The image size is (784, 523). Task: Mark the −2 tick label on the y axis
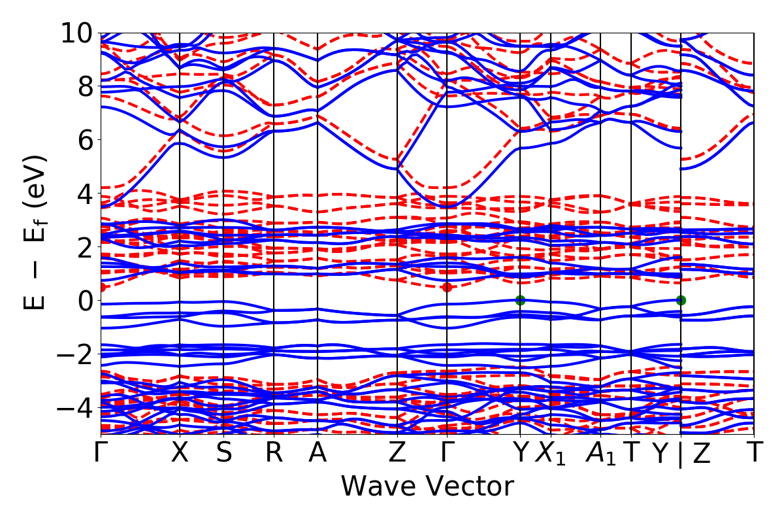pyautogui.click(x=74, y=354)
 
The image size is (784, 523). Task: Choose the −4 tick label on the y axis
pyautogui.click(x=74, y=408)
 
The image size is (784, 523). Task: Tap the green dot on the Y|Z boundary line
pyautogui.click(x=681, y=300)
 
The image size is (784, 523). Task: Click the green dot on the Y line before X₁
pyautogui.click(x=520, y=300)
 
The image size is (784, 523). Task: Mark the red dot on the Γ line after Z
pyautogui.click(x=447, y=287)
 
